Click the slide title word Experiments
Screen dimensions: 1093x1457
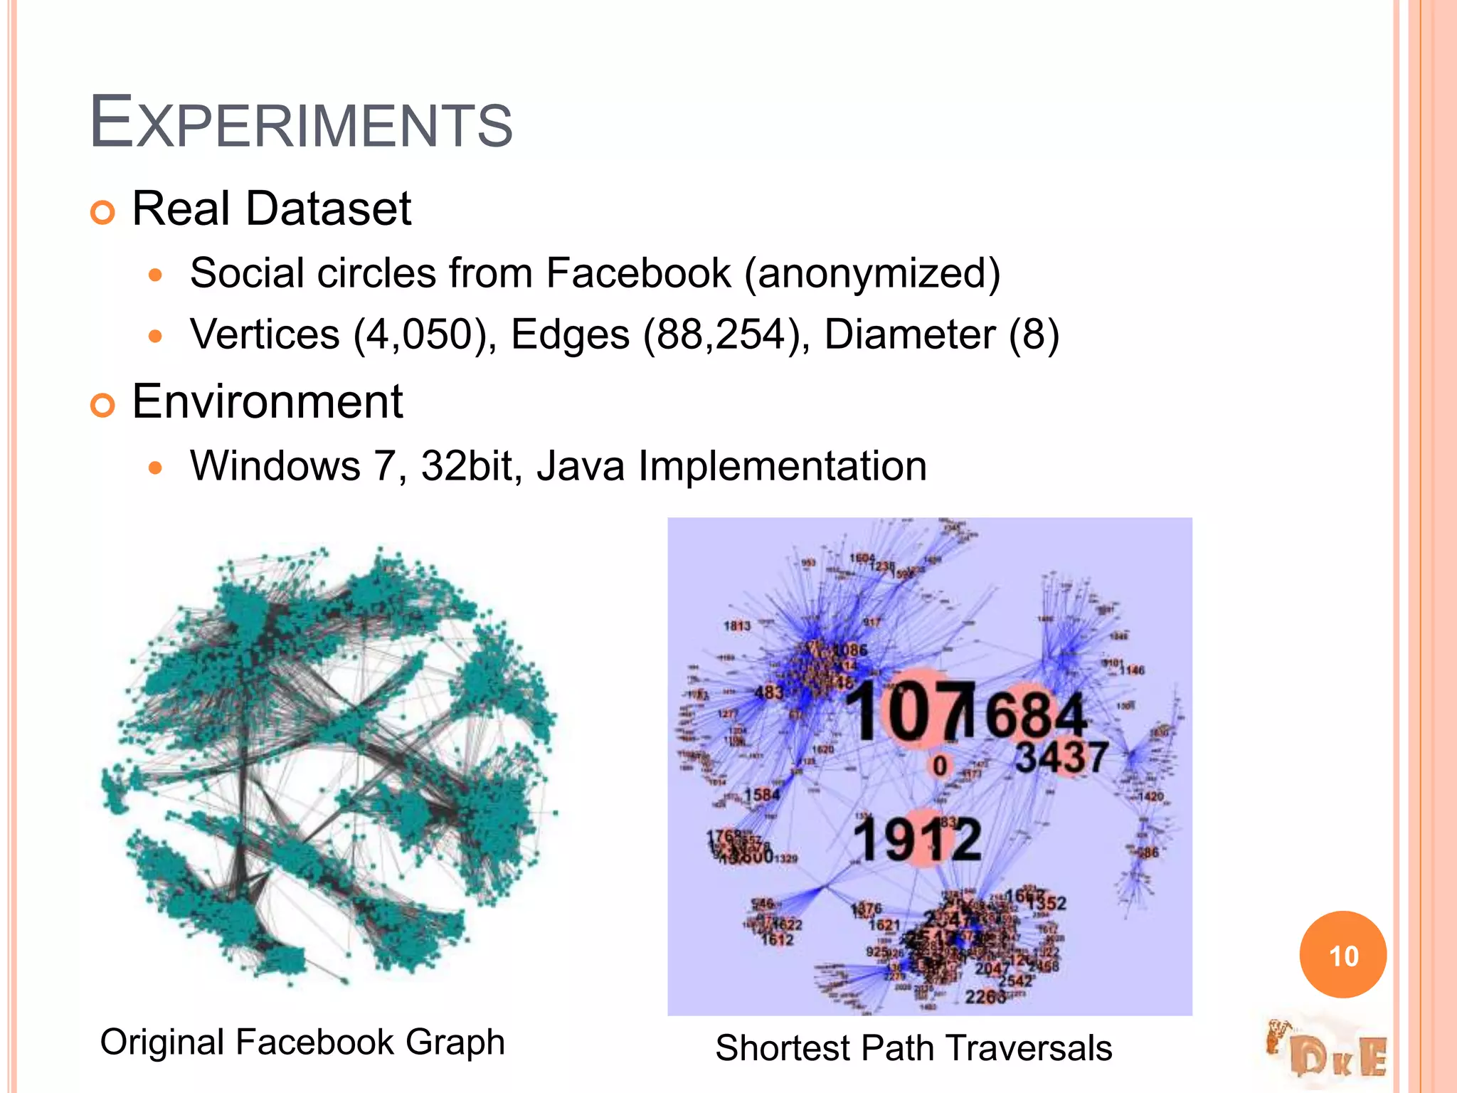click(300, 122)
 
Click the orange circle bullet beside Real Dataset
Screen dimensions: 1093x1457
click(103, 212)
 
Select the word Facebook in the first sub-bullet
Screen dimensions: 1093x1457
click(638, 273)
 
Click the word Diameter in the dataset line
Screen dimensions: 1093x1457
click(909, 334)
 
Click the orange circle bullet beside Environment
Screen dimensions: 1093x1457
click(103, 406)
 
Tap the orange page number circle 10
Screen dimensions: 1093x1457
click(1342, 955)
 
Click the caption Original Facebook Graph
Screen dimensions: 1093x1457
click(302, 1042)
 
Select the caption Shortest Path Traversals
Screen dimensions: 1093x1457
click(913, 1047)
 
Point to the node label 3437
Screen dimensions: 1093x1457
click(1061, 757)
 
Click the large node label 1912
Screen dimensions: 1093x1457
click(916, 840)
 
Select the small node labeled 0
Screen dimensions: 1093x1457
click(940, 766)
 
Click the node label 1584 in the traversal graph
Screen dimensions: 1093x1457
click(762, 794)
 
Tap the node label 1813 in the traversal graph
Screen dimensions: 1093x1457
click(737, 625)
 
